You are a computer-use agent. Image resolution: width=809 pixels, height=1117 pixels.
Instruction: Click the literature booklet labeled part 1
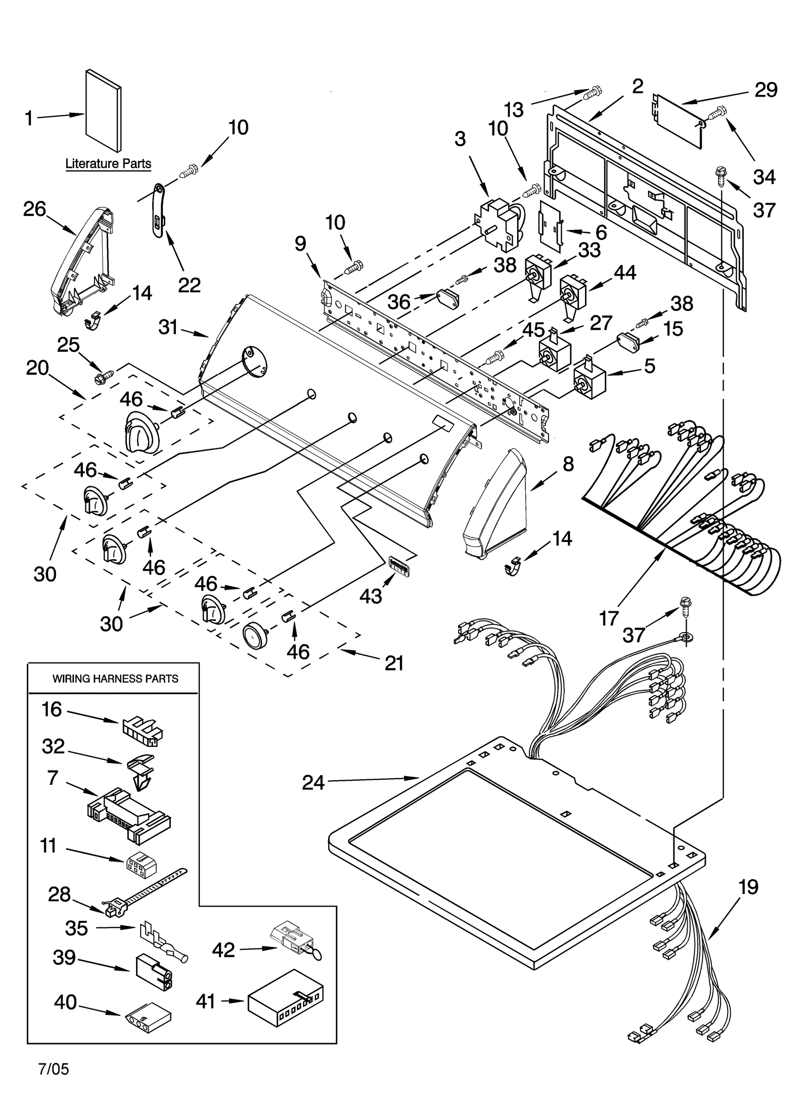pyautogui.click(x=104, y=110)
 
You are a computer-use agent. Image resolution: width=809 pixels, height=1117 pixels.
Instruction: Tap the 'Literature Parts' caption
pyautogui.click(x=108, y=164)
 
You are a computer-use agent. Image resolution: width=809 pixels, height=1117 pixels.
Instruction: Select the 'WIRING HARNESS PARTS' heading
pyautogui.click(x=115, y=679)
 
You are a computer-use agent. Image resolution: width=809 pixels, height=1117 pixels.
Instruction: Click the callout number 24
pyautogui.click(x=313, y=783)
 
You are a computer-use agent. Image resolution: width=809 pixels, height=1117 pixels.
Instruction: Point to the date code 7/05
pyautogui.click(x=54, y=1069)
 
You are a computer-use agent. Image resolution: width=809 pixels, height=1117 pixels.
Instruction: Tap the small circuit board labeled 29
pyautogui.click(x=678, y=120)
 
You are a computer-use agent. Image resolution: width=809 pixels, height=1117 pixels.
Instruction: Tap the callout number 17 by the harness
pyautogui.click(x=609, y=617)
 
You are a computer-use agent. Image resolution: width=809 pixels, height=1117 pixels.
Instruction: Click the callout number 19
pyautogui.click(x=748, y=887)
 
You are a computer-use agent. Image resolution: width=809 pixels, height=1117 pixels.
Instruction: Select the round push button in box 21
pyautogui.click(x=254, y=635)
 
